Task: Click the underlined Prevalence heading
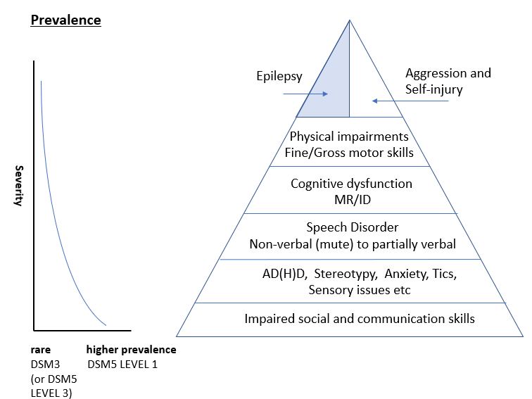pos(66,20)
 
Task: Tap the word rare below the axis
pos(41,349)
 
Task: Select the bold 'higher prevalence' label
pos(131,349)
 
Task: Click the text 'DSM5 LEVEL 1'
pos(123,365)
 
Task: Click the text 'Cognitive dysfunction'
pos(351,184)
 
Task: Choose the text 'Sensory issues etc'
pos(350,290)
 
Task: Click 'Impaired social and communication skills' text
pos(360,319)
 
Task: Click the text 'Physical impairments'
pos(350,136)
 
